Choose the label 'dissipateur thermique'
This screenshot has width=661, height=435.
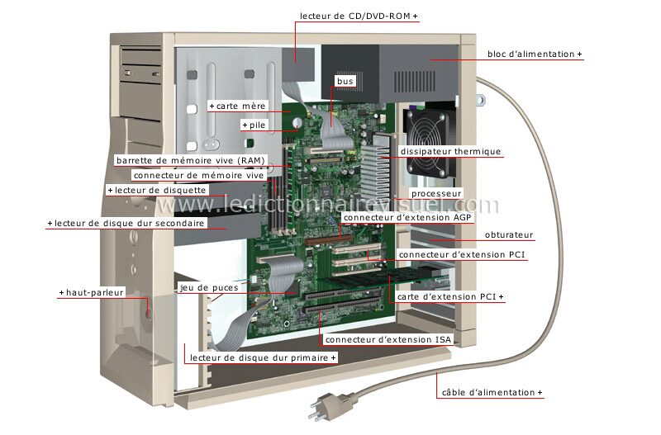[x=450, y=152]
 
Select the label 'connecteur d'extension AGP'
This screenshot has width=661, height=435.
[x=396, y=218]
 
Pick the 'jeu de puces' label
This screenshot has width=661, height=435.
[x=209, y=288]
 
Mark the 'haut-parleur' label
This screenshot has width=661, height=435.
[x=92, y=292]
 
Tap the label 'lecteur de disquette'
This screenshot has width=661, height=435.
[x=155, y=190]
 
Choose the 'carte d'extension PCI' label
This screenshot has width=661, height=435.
[x=449, y=296]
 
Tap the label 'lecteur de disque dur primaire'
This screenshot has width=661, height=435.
[x=262, y=357]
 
